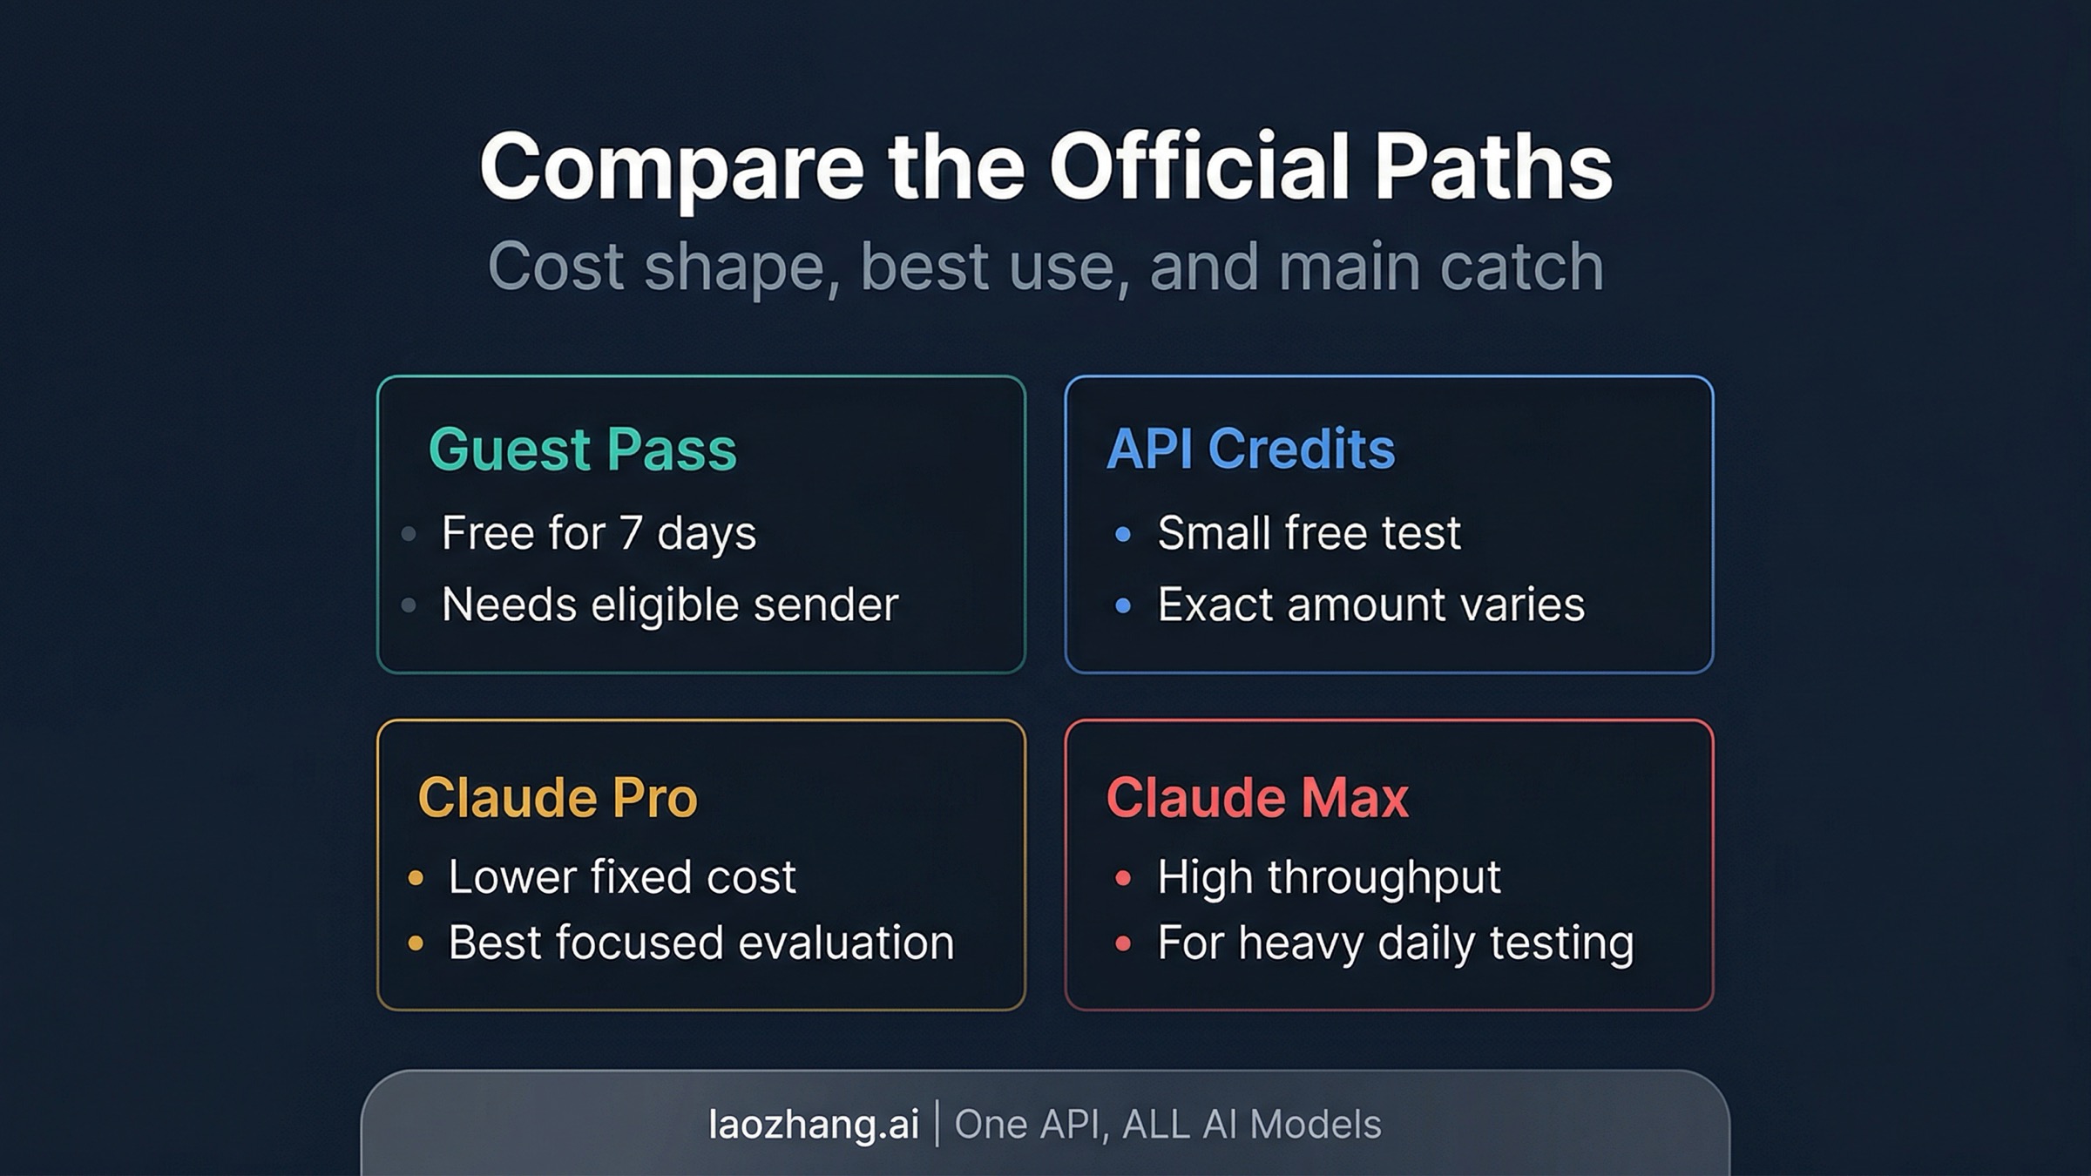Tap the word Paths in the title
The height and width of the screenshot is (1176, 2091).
(x=1493, y=167)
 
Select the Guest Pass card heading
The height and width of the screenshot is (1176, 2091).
(x=582, y=449)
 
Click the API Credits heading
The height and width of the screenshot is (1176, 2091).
(x=1250, y=449)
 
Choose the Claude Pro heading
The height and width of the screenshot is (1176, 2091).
(x=558, y=797)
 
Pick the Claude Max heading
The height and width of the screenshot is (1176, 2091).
(x=1257, y=797)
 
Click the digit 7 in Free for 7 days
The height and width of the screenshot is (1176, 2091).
(x=631, y=533)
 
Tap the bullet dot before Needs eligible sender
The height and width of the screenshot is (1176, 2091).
(x=409, y=605)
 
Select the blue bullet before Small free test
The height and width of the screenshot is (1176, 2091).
(x=1123, y=533)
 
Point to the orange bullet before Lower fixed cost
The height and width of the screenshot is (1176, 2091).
(x=416, y=877)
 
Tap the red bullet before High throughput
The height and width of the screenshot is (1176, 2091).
(x=1123, y=877)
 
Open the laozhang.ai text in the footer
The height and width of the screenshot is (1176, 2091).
(x=814, y=1125)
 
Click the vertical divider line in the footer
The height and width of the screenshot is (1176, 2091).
(x=937, y=1124)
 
